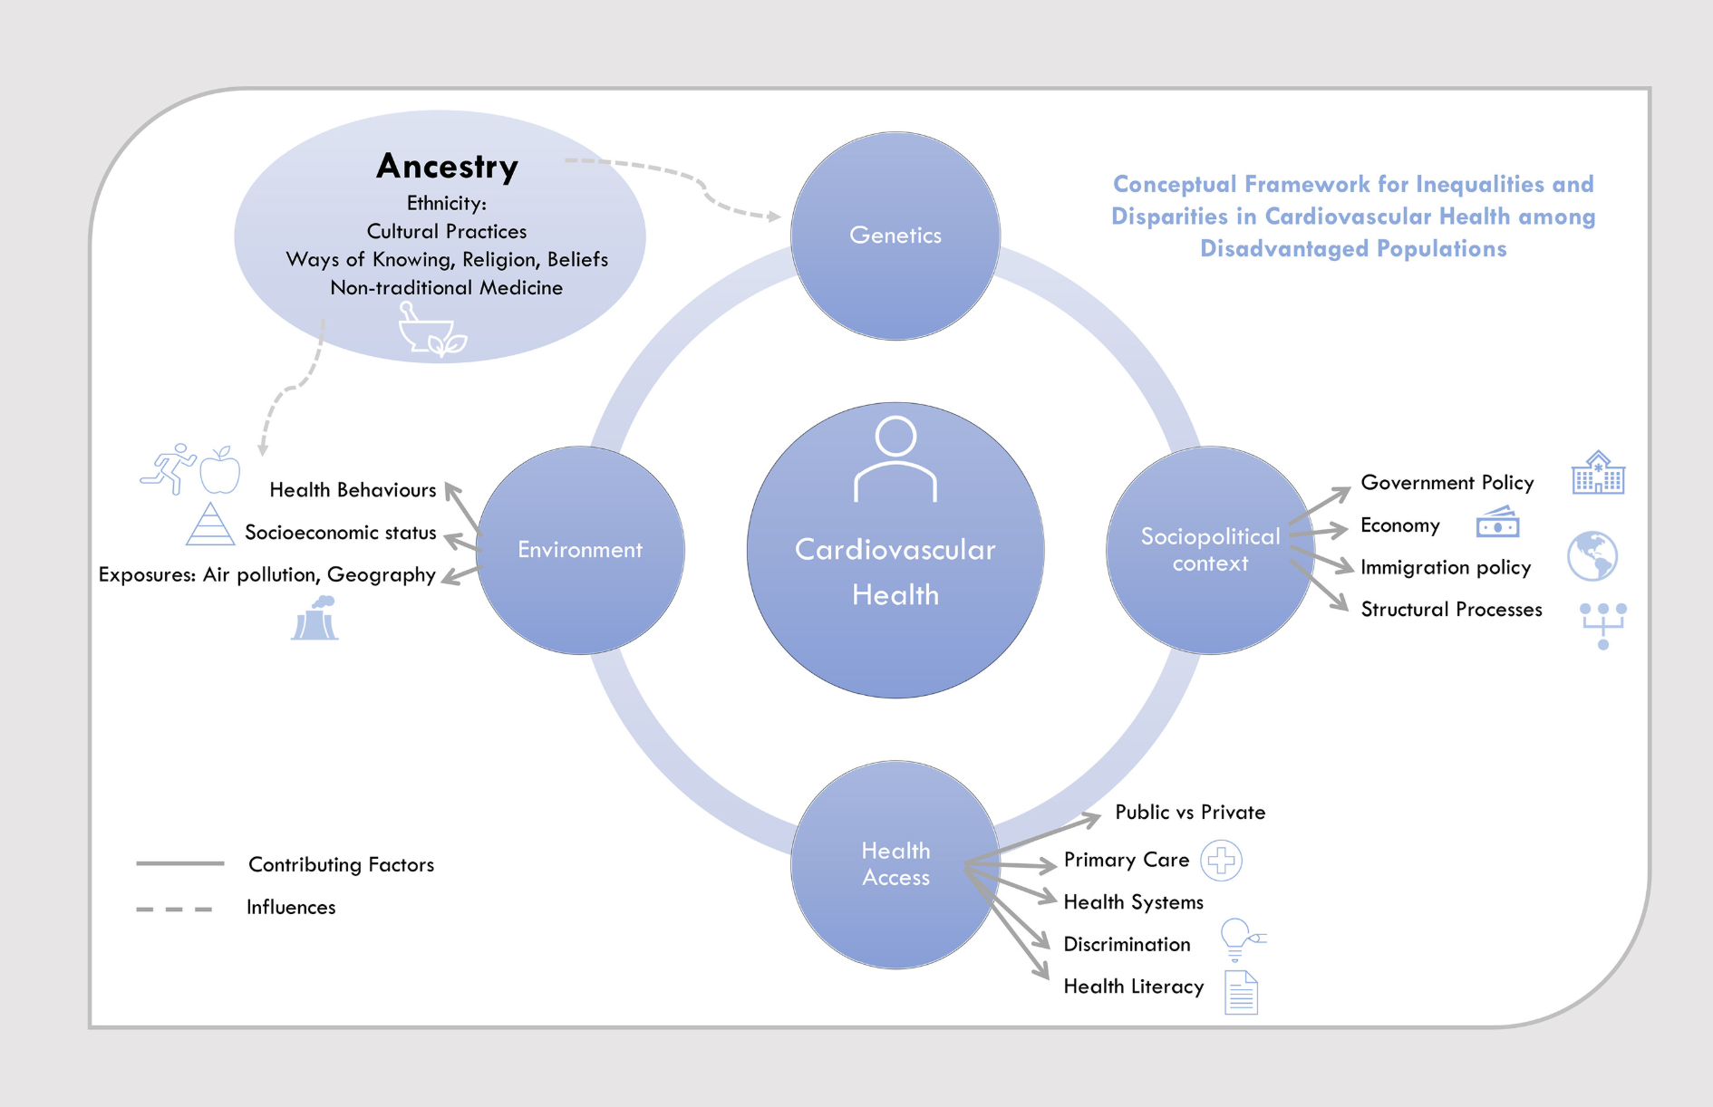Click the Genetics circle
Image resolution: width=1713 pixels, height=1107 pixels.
[895, 236]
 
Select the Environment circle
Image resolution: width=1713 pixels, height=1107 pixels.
[580, 550]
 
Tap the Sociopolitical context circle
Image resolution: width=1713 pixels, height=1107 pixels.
[1210, 550]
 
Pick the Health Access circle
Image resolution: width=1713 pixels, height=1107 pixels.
[895, 864]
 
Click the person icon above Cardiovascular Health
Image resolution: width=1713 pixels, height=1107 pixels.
[895, 458]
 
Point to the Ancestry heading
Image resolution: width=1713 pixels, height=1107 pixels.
[447, 167]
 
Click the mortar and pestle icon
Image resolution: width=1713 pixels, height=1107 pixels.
[431, 330]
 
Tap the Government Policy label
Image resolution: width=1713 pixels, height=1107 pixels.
[1447, 483]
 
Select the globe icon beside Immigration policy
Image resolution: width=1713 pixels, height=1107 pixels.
[1592, 555]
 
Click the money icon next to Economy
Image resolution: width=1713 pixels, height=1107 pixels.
[1497, 523]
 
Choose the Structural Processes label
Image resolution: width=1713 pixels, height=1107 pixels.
[1451, 610]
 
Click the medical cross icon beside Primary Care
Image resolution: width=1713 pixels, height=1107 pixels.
[1221, 861]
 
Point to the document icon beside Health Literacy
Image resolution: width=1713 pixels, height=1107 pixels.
[1241, 992]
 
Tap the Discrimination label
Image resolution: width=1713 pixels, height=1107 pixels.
[1127, 945]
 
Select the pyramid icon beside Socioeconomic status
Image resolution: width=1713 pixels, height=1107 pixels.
[209, 525]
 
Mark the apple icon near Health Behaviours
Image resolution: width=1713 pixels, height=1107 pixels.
[220, 470]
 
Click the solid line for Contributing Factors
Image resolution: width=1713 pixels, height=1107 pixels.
[179, 863]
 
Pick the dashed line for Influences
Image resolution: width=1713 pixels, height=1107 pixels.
[174, 909]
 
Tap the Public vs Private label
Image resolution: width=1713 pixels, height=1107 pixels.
[1189, 813]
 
